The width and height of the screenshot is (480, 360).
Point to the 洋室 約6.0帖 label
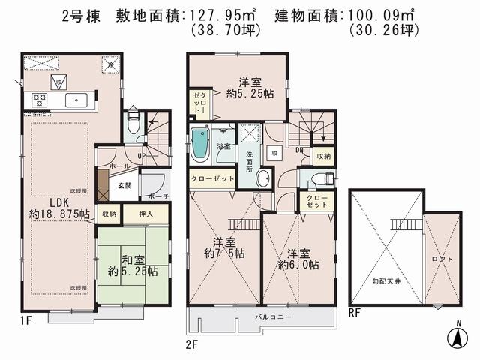(298, 259)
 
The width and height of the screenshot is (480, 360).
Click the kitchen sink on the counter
(75, 100)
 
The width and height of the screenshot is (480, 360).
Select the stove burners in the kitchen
(40, 100)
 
